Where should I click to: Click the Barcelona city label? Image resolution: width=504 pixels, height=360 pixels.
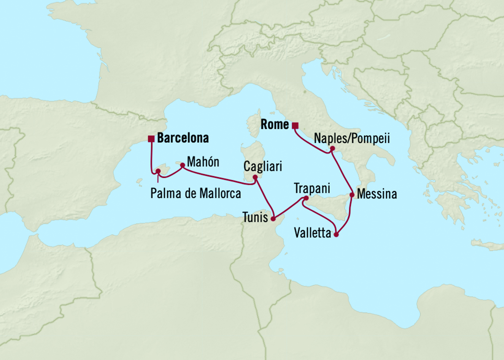pos(183,138)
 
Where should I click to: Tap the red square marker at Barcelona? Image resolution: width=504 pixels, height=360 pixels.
pos(151,139)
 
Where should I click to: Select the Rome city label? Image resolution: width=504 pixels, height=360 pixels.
pos(275,125)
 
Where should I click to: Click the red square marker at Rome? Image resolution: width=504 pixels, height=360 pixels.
pos(295,126)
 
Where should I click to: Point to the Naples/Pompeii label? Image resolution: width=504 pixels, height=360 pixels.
pos(351,139)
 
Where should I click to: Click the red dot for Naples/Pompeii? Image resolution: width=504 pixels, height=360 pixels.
pos(332,149)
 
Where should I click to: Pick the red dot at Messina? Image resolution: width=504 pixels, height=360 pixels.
pos(352,195)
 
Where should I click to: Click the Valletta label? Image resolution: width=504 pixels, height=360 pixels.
pos(313,234)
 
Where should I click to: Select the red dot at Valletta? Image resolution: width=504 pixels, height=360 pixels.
pos(336,235)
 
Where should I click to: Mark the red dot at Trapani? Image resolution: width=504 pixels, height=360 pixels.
pos(306,198)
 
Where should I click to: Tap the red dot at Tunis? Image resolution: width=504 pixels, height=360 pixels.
pos(273,219)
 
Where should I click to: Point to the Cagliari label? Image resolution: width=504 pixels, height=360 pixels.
pos(263,167)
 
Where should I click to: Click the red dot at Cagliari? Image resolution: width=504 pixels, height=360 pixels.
pos(256,177)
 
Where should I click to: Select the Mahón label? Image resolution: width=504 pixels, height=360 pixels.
pos(203,162)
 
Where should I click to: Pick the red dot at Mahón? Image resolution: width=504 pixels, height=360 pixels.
pos(182,165)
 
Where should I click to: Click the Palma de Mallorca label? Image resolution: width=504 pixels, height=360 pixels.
pos(195,193)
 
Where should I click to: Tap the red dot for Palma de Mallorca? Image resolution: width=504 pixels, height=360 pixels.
pos(157,171)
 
